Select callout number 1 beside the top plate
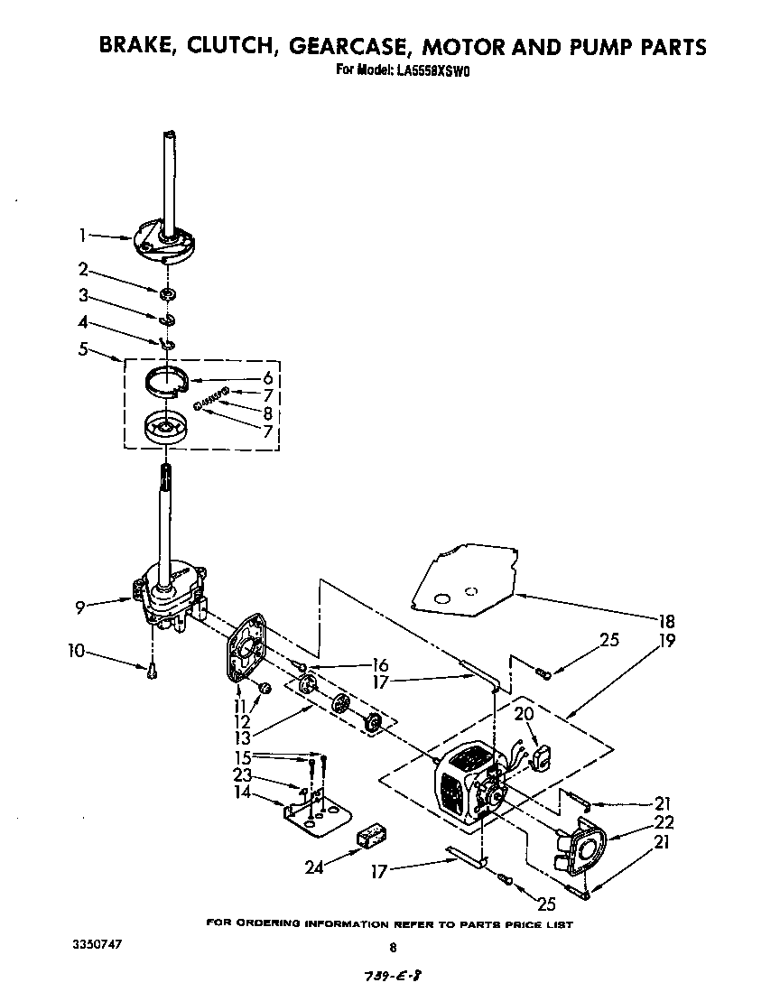point(82,236)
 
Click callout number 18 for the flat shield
point(666,622)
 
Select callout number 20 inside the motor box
point(525,714)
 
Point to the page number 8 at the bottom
point(392,948)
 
